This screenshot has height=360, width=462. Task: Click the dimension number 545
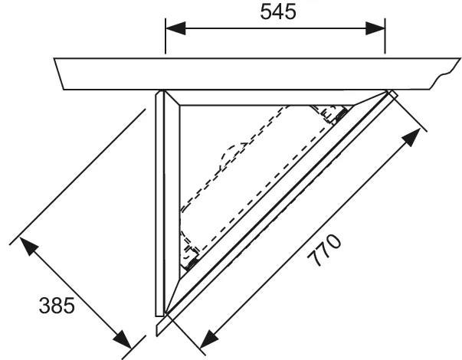tap(278, 12)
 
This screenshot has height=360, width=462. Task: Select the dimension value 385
tap(57, 306)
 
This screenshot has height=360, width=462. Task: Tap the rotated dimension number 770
tap(324, 250)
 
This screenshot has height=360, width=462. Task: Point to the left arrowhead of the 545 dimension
tap(175, 28)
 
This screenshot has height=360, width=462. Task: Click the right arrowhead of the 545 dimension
tap(375, 28)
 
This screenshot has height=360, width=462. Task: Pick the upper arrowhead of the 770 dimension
tap(412, 137)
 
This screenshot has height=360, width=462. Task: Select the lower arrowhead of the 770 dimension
tap(208, 339)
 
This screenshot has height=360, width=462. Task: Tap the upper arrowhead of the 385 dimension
tap(28, 246)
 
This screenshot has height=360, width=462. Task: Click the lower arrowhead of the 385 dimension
tap(123, 339)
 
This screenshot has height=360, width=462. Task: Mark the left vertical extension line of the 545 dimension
tap(165, 36)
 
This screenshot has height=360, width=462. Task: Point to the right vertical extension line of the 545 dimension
tap(385, 36)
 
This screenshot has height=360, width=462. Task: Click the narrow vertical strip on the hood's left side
tap(159, 203)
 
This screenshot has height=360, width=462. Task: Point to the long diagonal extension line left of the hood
tap(77, 177)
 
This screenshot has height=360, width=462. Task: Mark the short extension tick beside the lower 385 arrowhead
tap(133, 347)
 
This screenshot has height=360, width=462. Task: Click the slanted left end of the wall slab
tap(59, 74)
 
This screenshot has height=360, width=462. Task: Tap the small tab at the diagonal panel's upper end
tap(394, 94)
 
